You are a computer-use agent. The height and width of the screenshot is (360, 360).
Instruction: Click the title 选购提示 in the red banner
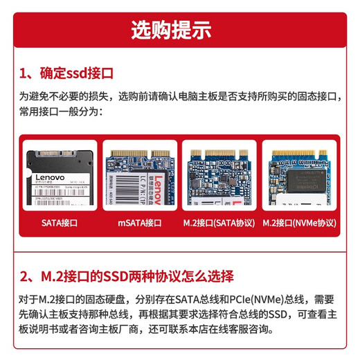click(179, 30)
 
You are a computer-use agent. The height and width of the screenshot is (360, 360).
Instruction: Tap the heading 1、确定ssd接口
click(66, 73)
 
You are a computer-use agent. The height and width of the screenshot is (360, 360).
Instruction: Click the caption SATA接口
click(59, 223)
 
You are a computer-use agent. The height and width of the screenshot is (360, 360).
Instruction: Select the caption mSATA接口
click(138, 223)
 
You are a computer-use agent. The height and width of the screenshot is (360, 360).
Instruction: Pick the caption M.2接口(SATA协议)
click(219, 223)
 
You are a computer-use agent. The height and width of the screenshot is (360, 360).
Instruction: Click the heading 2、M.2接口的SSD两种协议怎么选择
click(127, 276)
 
